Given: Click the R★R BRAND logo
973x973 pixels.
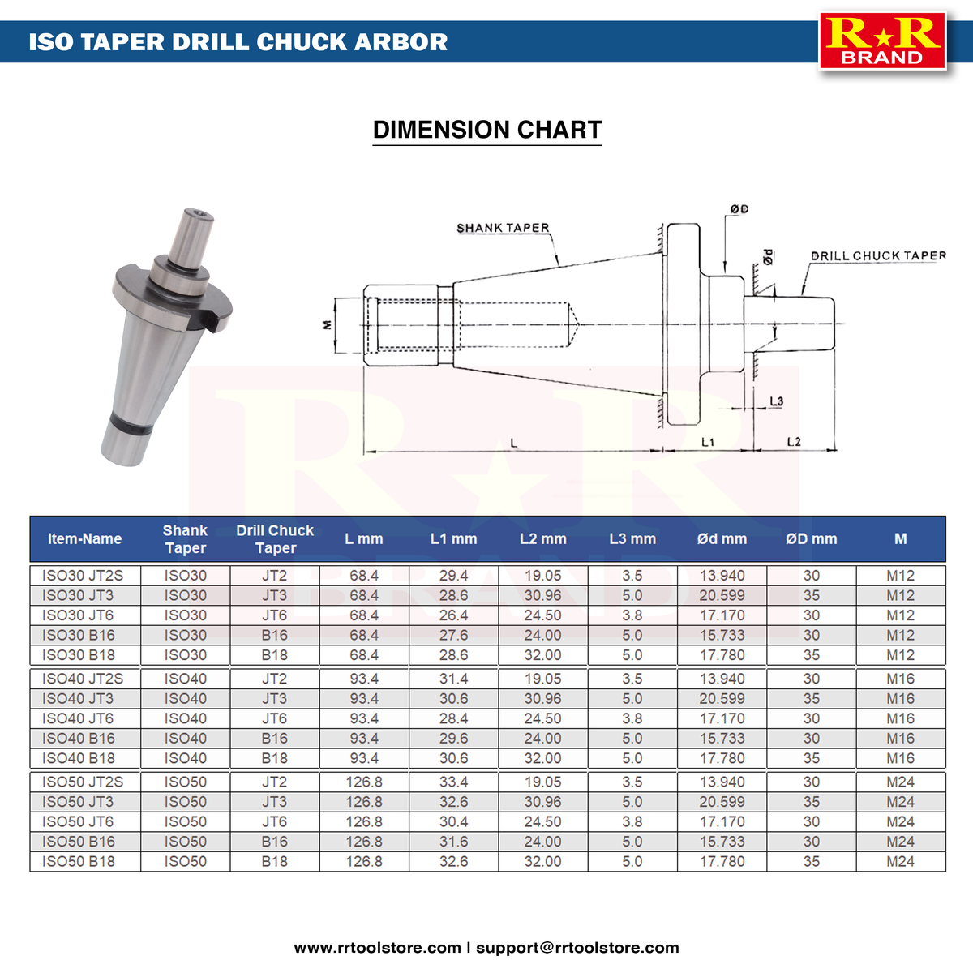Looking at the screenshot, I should (x=882, y=41).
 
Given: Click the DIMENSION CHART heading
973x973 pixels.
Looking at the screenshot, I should (x=486, y=130).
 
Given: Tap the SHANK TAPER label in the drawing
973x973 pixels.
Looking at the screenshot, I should (x=503, y=228).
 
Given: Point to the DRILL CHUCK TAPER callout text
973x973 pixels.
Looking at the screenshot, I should (x=878, y=255).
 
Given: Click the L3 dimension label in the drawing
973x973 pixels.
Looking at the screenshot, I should (x=776, y=401).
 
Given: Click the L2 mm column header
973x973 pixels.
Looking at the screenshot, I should (x=542, y=539).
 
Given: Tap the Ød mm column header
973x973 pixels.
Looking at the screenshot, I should (x=722, y=539).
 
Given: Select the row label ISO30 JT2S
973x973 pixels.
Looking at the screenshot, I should (x=83, y=576).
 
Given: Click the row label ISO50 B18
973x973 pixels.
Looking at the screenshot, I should (x=79, y=862).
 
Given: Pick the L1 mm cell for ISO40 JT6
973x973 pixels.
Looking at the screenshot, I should (x=453, y=718).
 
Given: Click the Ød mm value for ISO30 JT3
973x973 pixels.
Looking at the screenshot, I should (x=722, y=595).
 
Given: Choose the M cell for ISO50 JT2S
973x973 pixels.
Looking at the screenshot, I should (x=900, y=782).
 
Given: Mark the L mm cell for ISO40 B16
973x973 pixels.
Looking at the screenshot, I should (x=364, y=739).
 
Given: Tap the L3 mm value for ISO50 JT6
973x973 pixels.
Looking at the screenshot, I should (x=632, y=822).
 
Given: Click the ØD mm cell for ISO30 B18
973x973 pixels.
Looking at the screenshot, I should (x=811, y=655).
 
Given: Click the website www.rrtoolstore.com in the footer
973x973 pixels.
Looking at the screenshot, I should (x=377, y=947).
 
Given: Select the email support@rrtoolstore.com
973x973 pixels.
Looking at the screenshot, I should (x=577, y=947).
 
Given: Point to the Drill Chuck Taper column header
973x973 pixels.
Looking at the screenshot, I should (x=275, y=539).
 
